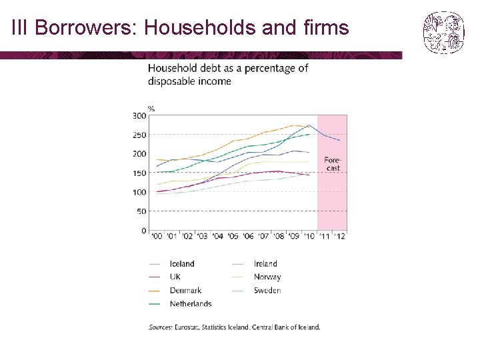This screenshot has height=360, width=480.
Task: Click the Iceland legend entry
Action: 172,264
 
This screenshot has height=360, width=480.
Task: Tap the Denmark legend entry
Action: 175,291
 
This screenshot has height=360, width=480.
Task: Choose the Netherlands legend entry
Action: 180,304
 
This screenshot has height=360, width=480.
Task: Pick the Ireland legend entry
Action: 255,264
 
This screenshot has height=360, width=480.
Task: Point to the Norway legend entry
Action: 257,277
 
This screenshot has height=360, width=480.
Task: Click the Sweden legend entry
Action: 257,291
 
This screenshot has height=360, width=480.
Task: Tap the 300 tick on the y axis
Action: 139,116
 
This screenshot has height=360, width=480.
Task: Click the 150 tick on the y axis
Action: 139,173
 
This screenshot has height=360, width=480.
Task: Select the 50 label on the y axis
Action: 141,211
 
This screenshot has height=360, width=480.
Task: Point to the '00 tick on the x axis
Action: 157,236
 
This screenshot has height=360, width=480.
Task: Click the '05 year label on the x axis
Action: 233,236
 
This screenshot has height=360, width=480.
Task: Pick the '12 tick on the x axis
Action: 339,236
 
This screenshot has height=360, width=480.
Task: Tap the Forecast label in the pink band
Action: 333,164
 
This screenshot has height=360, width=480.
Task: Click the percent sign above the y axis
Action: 151,109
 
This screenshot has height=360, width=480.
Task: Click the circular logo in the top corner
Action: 444,33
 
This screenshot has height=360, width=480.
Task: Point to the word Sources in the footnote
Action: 161,327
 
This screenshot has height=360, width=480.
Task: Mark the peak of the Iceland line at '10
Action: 309,125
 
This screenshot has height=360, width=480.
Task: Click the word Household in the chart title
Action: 173,68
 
